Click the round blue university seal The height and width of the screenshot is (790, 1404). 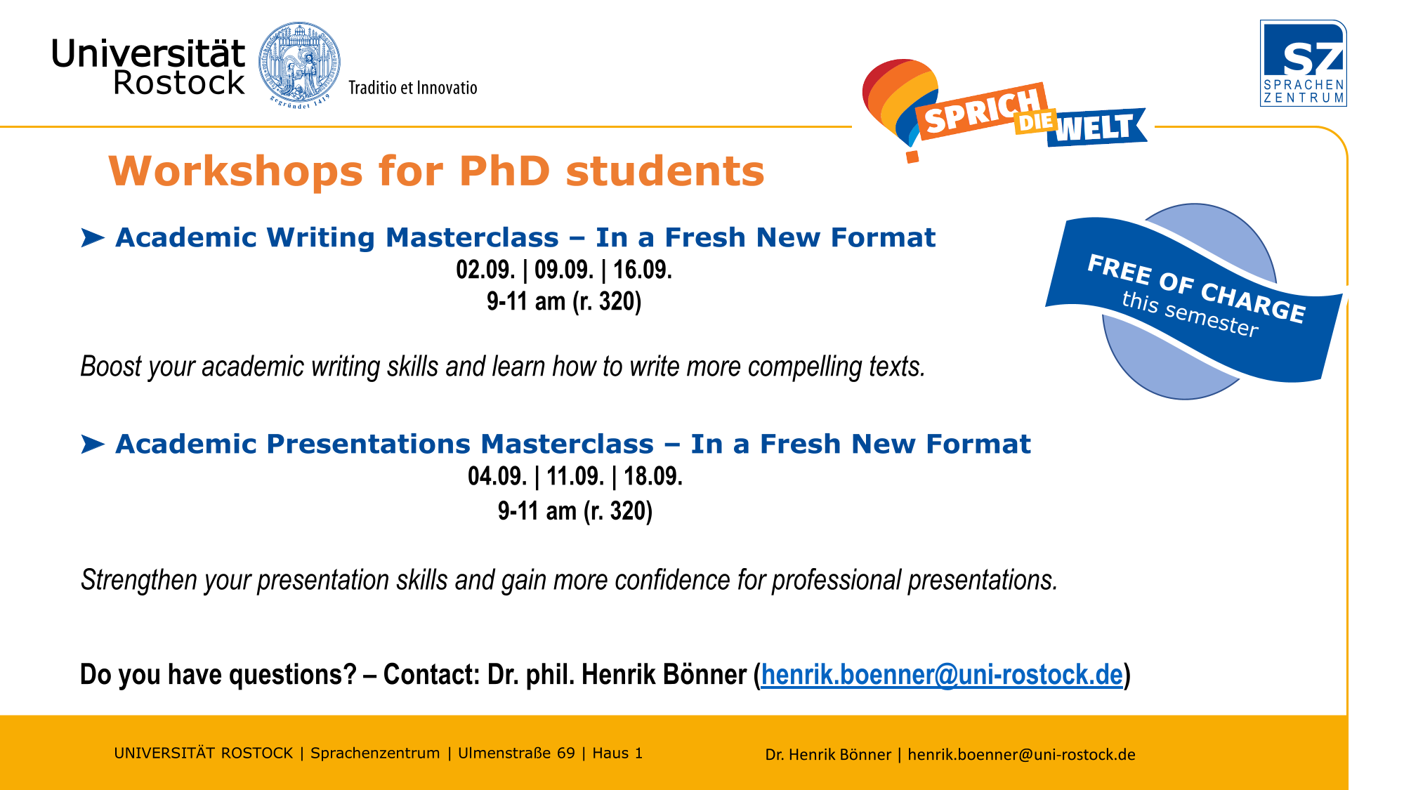pos(300,64)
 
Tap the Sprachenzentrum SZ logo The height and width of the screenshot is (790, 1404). pos(1303,63)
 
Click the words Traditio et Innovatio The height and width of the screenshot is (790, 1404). pos(413,88)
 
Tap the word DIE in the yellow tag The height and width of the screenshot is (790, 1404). pos(1035,122)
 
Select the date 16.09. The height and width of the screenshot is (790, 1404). pos(643,270)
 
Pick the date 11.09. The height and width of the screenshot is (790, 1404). pos(575,476)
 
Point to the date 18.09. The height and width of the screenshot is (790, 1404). pos(653,476)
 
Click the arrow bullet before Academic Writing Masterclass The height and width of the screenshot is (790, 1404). pos(93,238)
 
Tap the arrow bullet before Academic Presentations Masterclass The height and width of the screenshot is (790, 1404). pos(93,445)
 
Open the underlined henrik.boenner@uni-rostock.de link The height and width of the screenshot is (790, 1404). pos(942,675)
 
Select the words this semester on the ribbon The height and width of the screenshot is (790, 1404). pos(1190,314)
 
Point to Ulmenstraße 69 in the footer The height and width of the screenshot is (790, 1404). pos(516,753)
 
